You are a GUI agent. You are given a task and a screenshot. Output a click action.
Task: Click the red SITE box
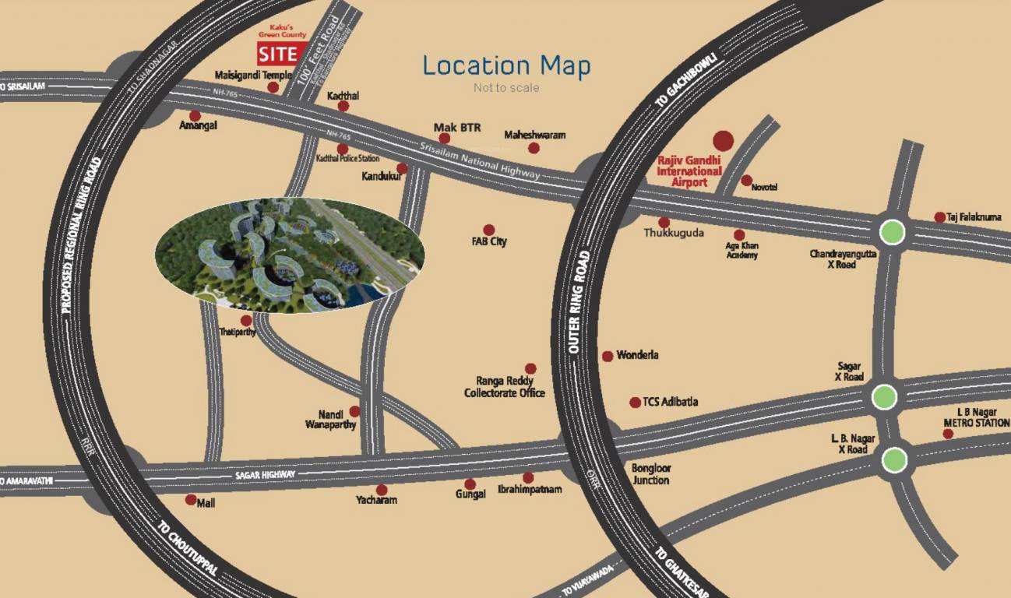click(x=278, y=54)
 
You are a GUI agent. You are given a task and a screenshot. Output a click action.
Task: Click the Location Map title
click(x=506, y=65)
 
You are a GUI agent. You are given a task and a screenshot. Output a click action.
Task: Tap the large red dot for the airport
click(x=724, y=140)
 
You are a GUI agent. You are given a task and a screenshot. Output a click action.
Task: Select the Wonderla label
click(x=637, y=355)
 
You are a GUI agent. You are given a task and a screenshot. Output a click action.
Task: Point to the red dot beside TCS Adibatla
click(x=635, y=403)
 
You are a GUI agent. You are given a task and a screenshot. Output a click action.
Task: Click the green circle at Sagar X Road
click(x=884, y=397)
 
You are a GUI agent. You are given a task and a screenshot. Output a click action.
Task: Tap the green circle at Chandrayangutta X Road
click(x=892, y=231)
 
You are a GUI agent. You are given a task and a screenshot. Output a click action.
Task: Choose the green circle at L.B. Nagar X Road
click(x=893, y=460)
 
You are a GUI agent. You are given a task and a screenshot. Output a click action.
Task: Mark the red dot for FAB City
click(x=488, y=230)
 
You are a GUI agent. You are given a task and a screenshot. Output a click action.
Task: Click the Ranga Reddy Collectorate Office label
click(x=504, y=387)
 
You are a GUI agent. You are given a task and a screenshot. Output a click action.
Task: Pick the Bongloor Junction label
click(x=650, y=474)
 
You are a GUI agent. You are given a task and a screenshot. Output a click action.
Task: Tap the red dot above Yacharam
click(x=382, y=490)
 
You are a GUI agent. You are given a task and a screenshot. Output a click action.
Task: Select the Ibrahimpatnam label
click(x=530, y=491)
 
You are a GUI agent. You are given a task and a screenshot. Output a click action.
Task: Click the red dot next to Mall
click(x=191, y=500)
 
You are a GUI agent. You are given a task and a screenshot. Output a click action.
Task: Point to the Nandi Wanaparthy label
click(x=331, y=420)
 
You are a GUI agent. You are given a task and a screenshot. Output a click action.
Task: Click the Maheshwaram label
click(x=534, y=135)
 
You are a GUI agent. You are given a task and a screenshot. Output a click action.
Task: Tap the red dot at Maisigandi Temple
click(x=273, y=87)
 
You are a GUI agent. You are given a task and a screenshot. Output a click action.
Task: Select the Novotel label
click(x=764, y=187)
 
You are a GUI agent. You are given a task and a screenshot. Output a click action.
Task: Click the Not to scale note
click(x=506, y=88)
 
